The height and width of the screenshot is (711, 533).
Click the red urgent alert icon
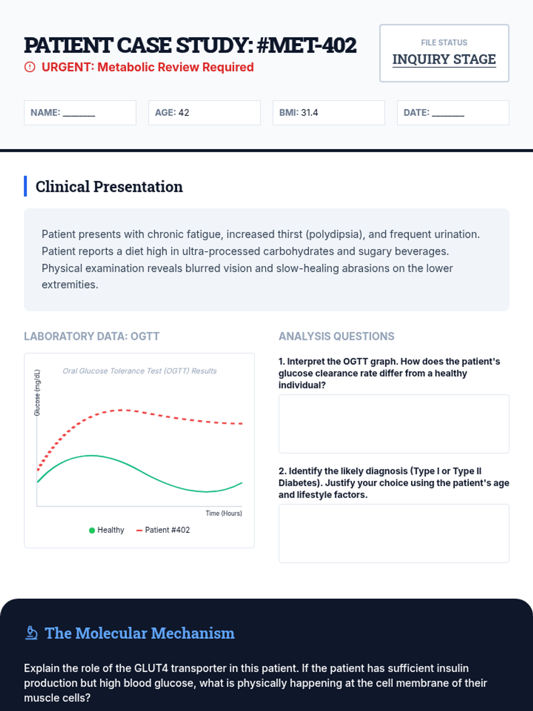[30, 67]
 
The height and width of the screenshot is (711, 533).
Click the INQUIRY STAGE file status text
[444, 60]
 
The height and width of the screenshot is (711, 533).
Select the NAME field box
[80, 113]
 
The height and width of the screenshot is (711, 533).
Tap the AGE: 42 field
[204, 113]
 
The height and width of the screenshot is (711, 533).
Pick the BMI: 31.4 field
[329, 113]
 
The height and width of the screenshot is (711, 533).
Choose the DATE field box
[453, 113]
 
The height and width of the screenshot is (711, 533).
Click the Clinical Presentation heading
[109, 187]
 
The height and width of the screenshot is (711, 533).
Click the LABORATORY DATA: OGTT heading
[91, 336]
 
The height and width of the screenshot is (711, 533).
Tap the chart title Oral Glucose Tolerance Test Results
[139, 371]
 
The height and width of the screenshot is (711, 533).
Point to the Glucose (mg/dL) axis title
[37, 392]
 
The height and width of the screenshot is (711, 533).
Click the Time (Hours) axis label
[223, 513]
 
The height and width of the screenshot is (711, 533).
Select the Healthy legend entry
[107, 530]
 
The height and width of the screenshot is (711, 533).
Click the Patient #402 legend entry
[163, 530]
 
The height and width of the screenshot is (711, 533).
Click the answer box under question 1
[394, 423]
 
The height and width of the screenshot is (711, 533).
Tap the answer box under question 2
[394, 534]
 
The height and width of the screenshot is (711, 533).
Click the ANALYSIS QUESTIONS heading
[336, 336]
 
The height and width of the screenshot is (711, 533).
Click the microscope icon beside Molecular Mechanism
[32, 633]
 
